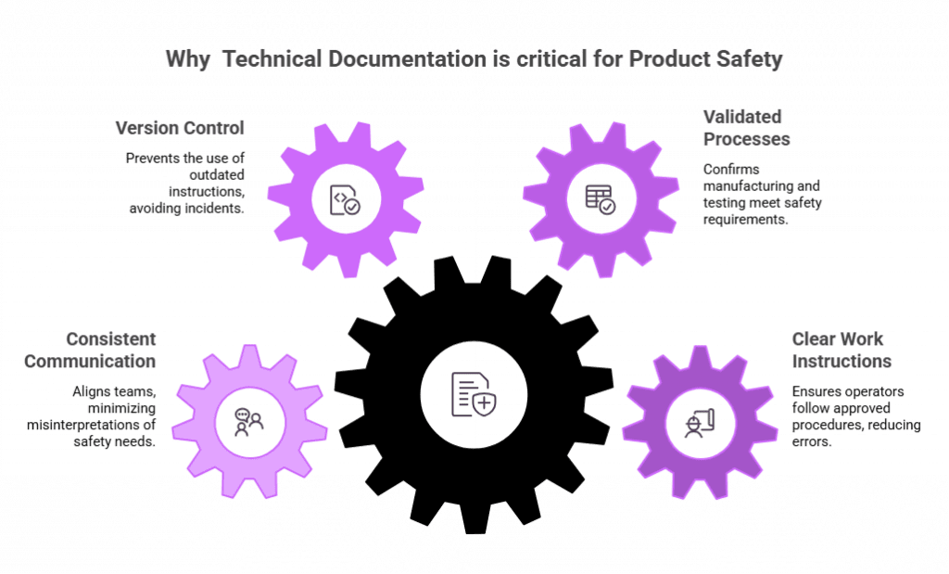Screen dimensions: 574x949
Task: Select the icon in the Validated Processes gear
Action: point(599,198)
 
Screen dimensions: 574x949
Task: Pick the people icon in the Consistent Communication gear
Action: point(250,422)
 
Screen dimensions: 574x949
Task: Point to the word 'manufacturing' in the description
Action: point(752,185)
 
